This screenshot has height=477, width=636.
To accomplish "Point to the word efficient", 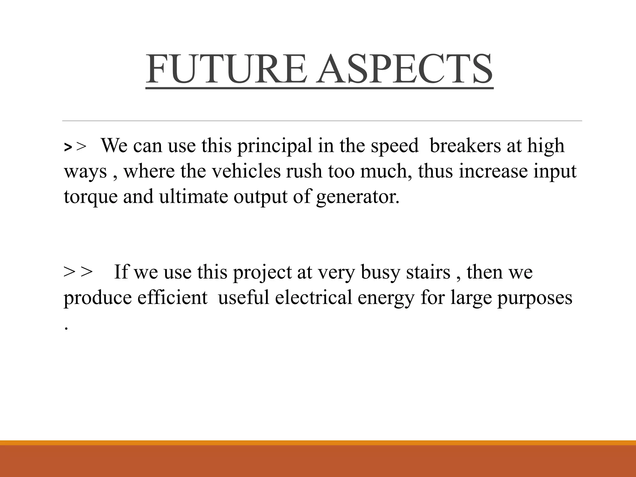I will [172, 298].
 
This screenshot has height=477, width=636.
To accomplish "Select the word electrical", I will [313, 298].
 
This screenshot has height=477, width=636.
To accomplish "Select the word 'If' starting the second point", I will [121, 272].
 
